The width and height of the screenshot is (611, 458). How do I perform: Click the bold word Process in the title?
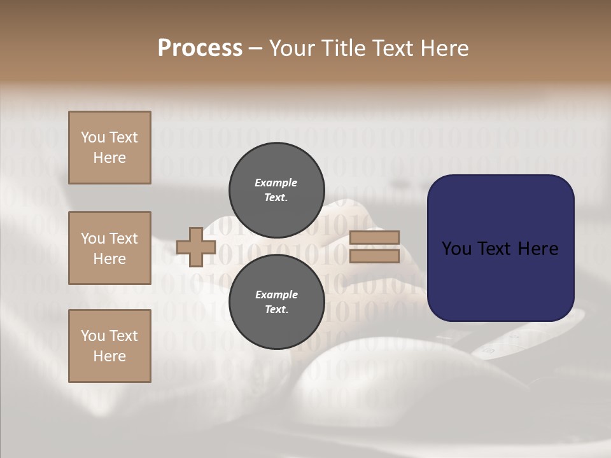[200, 48]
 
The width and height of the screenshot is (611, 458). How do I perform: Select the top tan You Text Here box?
[109, 148]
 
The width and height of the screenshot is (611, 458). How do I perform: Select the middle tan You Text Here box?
[109, 248]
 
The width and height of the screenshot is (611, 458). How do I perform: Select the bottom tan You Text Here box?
[109, 346]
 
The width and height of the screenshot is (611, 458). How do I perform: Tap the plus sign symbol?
[196, 246]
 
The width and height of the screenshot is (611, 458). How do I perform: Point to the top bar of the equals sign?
[374, 237]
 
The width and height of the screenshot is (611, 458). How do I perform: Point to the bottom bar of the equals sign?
[374, 256]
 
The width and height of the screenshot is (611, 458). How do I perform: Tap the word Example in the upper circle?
[276, 183]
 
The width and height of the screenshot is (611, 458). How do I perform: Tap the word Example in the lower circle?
[276, 295]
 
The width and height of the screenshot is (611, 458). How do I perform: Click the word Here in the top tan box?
[109, 158]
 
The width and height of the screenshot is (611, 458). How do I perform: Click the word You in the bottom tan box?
[93, 336]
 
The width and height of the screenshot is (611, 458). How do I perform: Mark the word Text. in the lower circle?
[276, 310]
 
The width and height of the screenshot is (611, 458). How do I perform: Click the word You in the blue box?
[456, 249]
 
